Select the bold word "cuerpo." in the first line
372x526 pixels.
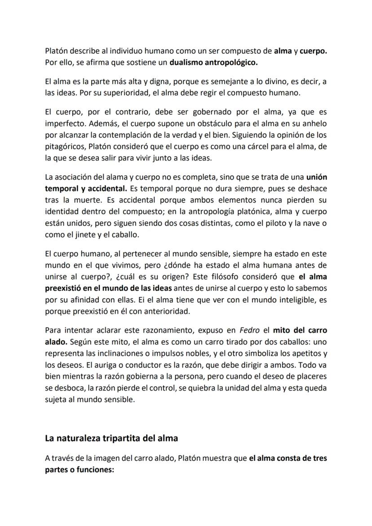pyautogui.click(x=314, y=51)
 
